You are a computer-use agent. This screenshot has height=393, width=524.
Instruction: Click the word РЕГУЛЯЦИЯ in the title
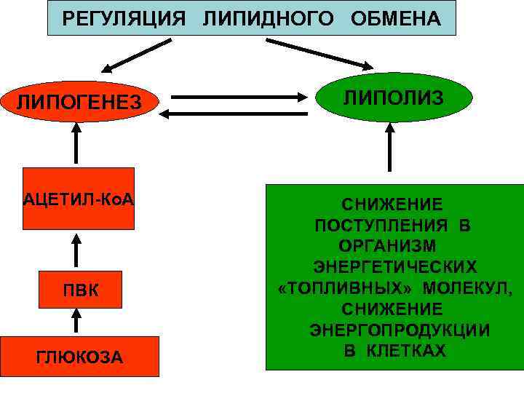point(123,18)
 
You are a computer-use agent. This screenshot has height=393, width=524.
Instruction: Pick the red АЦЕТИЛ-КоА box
point(79,199)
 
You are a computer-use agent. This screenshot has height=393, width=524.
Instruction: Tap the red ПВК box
point(79,290)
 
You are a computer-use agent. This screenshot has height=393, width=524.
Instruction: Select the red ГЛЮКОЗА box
point(79,357)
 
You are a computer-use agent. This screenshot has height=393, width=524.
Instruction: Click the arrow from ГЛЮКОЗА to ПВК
point(76,321)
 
